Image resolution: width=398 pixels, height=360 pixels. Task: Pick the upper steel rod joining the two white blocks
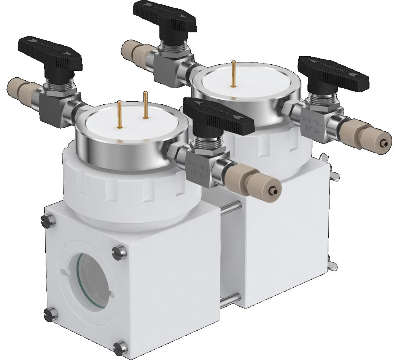(230, 207)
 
